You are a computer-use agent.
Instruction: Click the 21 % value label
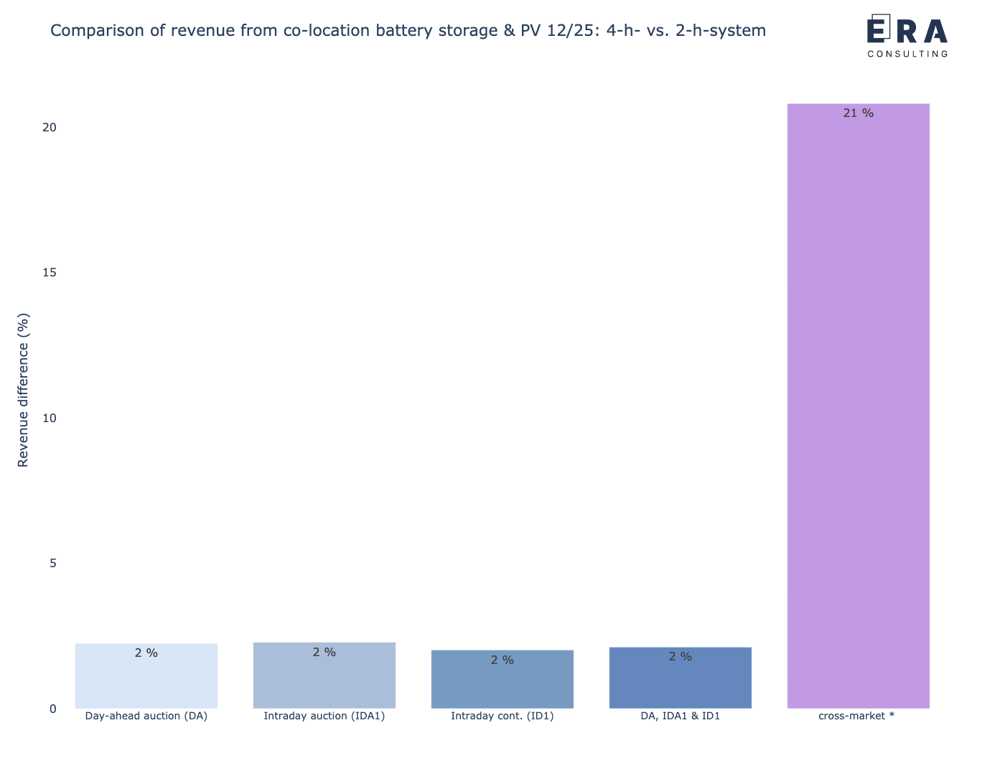coord(858,113)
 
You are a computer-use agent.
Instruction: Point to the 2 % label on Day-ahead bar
coord(146,653)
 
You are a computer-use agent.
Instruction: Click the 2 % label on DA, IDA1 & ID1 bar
coord(681,657)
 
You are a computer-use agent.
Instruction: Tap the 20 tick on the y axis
coord(49,127)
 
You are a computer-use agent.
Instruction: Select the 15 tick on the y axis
coord(49,273)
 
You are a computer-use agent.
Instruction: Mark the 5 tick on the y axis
coord(52,564)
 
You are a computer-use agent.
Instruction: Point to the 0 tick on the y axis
coord(52,709)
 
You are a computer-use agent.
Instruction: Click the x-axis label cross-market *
coord(856,716)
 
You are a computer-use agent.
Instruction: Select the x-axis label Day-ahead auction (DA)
coord(146,716)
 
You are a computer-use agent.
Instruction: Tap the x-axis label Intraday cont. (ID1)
coord(502,716)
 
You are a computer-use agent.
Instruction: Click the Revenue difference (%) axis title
coord(24,390)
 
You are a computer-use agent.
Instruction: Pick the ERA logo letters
coord(907,31)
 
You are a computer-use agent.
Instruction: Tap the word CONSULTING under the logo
coord(907,54)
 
